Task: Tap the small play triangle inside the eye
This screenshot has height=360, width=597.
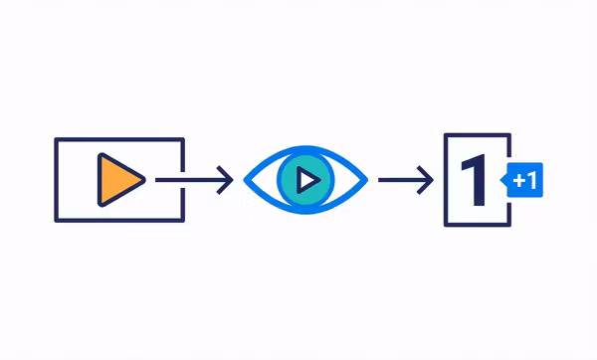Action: (x=308, y=180)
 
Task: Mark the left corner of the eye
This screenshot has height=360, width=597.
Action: (x=247, y=180)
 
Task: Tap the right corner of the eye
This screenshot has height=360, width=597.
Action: (x=366, y=180)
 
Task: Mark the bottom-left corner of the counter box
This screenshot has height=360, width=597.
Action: (x=447, y=225)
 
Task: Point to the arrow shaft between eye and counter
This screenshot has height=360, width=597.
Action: (x=398, y=180)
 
